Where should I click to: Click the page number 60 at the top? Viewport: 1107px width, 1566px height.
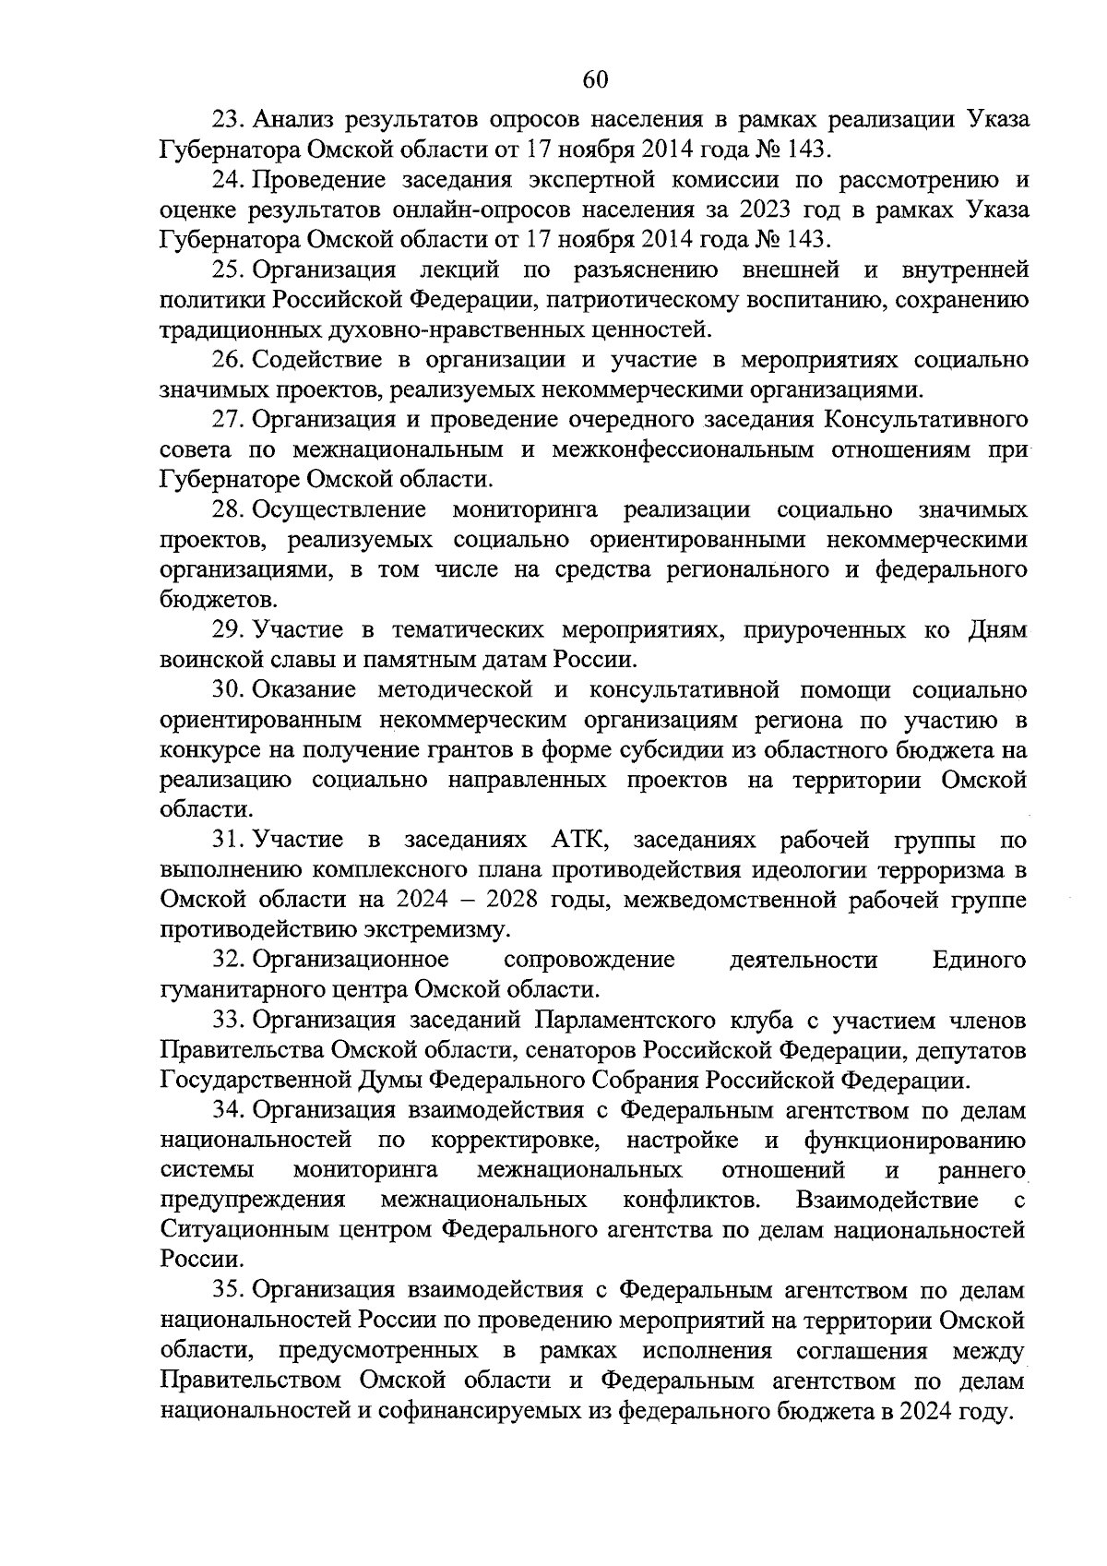tap(595, 79)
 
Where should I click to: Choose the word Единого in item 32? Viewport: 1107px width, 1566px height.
tap(979, 960)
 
